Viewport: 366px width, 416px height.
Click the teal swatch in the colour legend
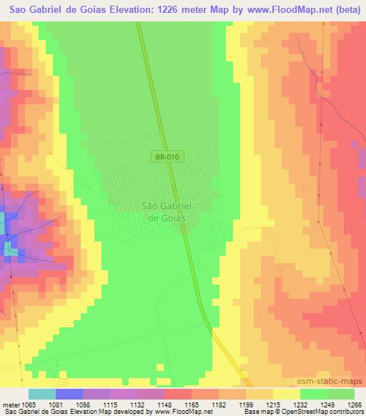pos(41,394)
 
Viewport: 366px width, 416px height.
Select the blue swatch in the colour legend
pos(69,394)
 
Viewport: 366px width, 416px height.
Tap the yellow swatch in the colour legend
pos(286,394)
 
